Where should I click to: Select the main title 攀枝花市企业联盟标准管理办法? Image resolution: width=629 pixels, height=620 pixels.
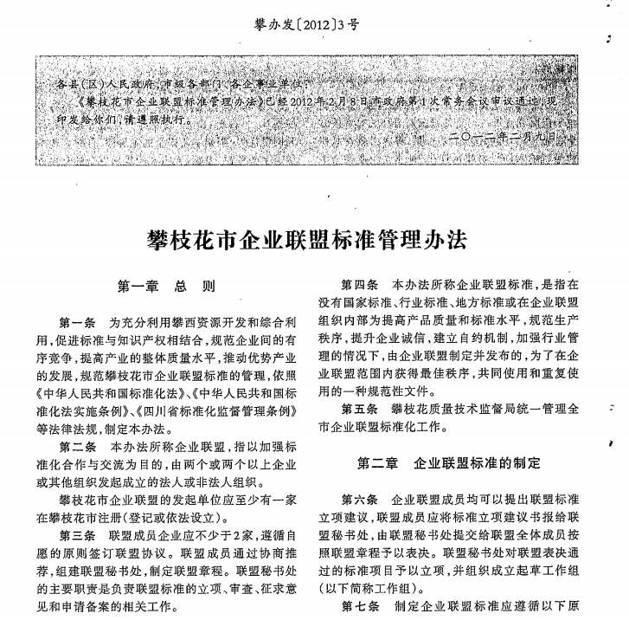tap(314, 238)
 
